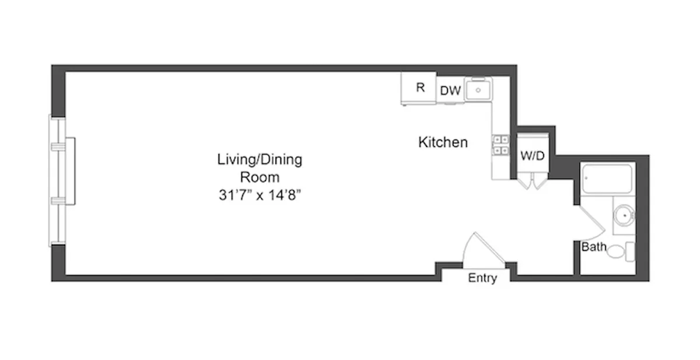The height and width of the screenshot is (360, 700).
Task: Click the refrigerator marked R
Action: (419, 89)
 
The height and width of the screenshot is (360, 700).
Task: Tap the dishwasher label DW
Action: (450, 90)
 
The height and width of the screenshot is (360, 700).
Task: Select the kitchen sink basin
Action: (478, 90)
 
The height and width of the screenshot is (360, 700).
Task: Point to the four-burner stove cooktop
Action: (501, 145)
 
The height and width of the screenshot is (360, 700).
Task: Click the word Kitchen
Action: (443, 142)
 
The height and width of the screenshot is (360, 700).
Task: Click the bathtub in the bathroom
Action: (607, 179)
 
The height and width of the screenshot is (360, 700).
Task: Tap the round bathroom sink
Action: (624, 215)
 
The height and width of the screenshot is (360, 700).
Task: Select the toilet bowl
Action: (616, 251)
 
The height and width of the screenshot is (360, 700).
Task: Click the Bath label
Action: (594, 247)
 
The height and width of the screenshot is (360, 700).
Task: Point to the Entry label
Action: (482, 278)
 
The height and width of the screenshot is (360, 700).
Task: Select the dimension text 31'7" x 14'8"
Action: (260, 195)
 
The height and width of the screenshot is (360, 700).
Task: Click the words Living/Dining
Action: (260, 159)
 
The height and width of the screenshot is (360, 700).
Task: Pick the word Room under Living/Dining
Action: (260, 177)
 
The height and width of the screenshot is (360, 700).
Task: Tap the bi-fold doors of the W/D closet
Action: (533, 181)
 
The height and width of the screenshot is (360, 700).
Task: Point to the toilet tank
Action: (630, 251)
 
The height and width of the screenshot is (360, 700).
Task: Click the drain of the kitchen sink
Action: (478, 90)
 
